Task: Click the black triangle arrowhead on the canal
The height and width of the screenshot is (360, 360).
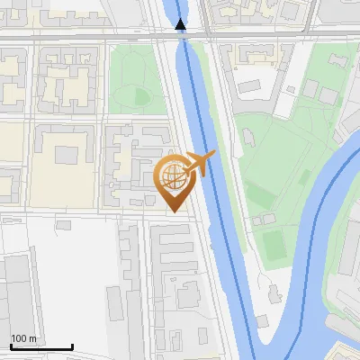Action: tap(182, 24)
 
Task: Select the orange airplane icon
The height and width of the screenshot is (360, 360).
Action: tap(201, 164)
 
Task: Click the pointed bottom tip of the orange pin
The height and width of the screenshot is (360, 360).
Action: tap(173, 211)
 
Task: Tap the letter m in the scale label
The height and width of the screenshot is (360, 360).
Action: tap(33, 339)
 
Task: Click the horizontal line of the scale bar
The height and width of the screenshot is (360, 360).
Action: tap(41, 347)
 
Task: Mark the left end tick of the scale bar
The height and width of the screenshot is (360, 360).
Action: tap(11, 346)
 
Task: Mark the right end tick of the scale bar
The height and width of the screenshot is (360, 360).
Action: tap(73, 346)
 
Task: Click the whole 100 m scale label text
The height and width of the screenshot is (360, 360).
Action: tap(24, 339)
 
